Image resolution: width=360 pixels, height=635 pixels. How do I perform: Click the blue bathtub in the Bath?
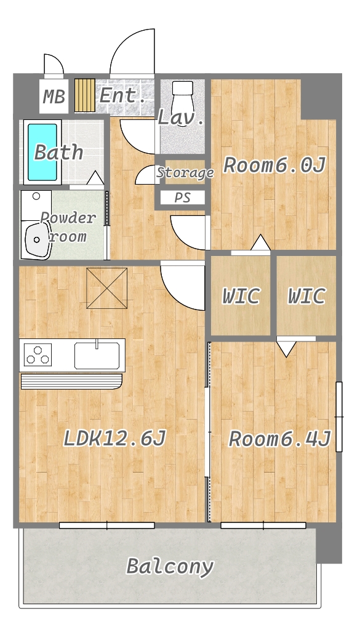click(42, 151)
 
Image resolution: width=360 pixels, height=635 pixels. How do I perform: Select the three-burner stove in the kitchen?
click(38, 354)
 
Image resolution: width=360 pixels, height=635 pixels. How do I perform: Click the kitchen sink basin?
click(97, 355)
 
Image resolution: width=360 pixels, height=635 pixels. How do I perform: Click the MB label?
click(54, 97)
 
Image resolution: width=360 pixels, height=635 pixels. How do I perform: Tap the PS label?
click(183, 198)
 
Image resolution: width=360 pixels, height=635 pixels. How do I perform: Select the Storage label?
click(185, 173)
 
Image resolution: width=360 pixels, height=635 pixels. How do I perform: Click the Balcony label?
click(170, 566)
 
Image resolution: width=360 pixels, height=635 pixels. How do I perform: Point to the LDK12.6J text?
click(114, 439)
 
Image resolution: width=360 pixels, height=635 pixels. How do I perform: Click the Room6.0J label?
click(274, 166)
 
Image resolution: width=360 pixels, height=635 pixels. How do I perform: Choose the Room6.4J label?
click(280, 439)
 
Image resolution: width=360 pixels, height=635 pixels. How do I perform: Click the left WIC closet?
click(241, 296)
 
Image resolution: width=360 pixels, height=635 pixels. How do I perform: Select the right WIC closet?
click(306, 296)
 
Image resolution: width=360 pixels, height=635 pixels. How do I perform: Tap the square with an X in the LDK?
click(107, 288)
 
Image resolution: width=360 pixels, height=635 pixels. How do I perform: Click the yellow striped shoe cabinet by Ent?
click(85, 95)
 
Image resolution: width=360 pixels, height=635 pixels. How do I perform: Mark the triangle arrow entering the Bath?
click(95, 178)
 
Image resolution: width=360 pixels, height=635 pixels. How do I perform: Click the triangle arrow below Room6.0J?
click(261, 242)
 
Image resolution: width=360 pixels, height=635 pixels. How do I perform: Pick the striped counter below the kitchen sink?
click(71, 381)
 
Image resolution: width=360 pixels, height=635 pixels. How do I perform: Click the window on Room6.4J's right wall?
click(339, 417)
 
